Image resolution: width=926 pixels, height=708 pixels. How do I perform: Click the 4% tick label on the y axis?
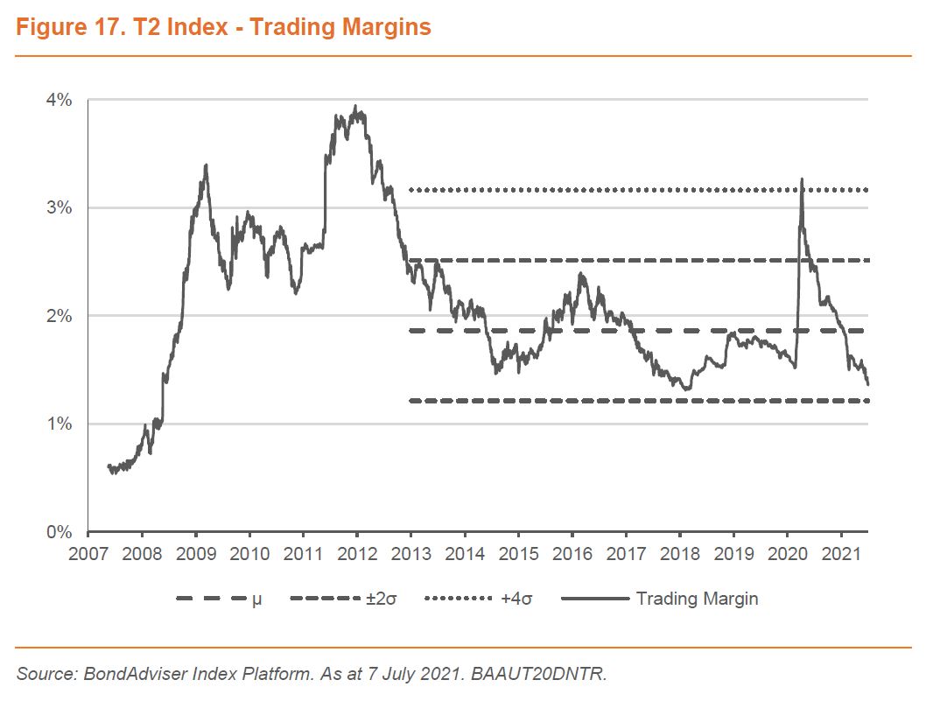pyautogui.click(x=60, y=100)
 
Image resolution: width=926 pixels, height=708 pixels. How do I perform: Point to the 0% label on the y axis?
pyautogui.click(x=60, y=531)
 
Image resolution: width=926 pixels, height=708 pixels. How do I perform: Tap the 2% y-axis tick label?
pyautogui.click(x=60, y=315)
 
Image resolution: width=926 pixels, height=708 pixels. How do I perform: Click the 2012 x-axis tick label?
pyautogui.click(x=357, y=553)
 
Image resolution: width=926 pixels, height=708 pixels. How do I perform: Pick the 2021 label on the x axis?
pyautogui.click(x=841, y=553)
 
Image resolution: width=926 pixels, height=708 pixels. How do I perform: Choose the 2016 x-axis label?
pyautogui.click(x=572, y=553)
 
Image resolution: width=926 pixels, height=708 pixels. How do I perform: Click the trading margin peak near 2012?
pyautogui.click(x=355, y=107)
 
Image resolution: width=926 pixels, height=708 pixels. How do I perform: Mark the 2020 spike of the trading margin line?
pyautogui.click(x=802, y=179)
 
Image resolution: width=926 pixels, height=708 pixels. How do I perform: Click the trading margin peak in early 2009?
pyautogui.click(x=205, y=165)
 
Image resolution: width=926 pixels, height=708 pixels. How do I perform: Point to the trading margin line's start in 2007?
pyautogui.click(x=108, y=466)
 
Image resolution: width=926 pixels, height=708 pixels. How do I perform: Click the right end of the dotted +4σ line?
pyautogui.click(x=866, y=190)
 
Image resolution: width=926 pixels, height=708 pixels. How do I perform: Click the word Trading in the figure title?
pyautogui.click(x=290, y=27)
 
